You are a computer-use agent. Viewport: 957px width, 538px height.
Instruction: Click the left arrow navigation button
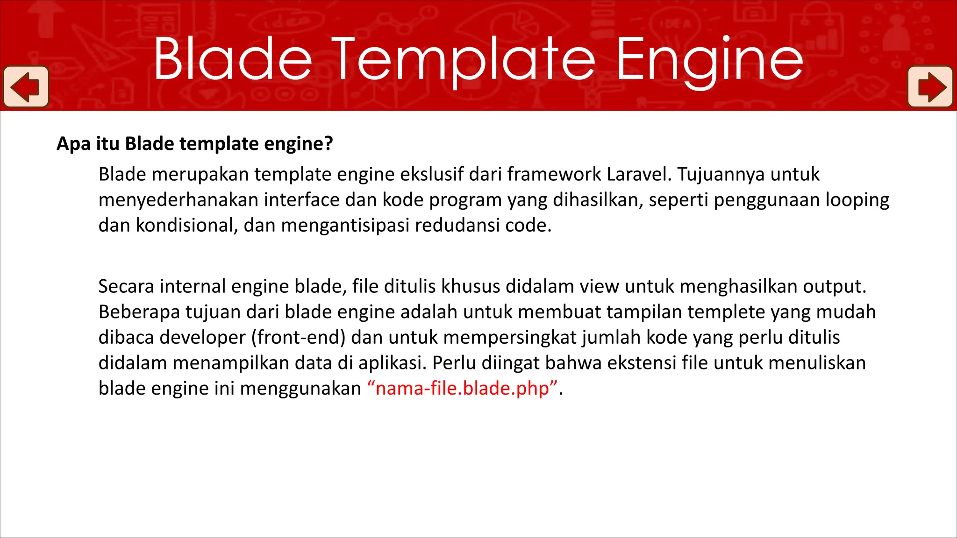point(26,87)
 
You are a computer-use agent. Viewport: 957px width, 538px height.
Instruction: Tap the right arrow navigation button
point(930,87)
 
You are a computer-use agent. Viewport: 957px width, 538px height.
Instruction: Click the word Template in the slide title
point(463,60)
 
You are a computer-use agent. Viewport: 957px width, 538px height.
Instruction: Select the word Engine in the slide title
point(709,60)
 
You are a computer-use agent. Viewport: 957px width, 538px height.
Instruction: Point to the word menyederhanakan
point(179,200)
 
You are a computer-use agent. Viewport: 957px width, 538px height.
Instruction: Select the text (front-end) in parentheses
point(298,337)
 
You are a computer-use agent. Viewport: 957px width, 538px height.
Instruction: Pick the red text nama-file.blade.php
point(462,389)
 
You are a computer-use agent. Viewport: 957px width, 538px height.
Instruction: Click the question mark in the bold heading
point(329,143)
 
